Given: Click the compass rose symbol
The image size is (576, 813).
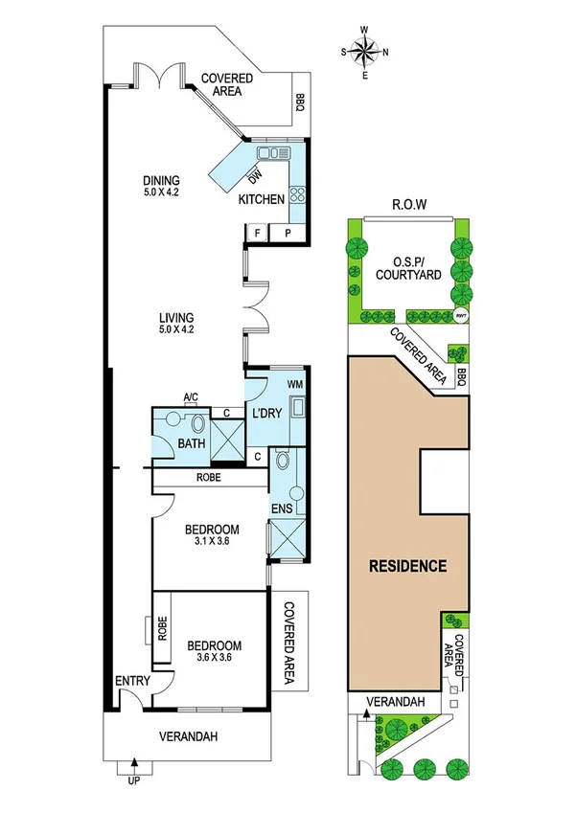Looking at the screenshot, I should pos(365,53).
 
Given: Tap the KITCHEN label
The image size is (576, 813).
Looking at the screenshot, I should pos(261,199).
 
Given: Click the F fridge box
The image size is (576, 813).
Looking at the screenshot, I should pos(257,233).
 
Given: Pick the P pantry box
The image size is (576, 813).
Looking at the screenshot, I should pos(287,233).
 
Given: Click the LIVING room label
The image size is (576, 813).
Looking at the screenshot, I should pos(177,318).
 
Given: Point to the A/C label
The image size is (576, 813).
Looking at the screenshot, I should pos(190,402).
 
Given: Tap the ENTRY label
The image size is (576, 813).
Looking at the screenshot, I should pos(131,681).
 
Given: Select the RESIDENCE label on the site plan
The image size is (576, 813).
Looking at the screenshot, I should pos(408,566).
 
